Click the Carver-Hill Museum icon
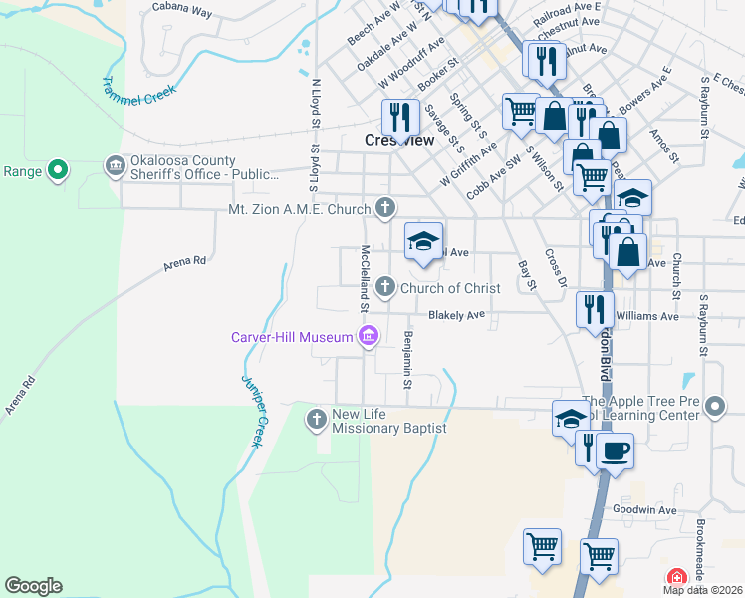click(x=369, y=337)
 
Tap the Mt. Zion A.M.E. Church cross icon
click(x=385, y=209)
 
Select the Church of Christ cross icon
click(x=385, y=288)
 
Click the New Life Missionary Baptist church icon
click(x=317, y=418)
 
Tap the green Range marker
click(x=58, y=171)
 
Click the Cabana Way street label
click(x=182, y=11)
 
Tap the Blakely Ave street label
click(x=456, y=315)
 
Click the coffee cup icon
click(x=615, y=449)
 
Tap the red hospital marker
click(x=676, y=578)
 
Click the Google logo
click(x=33, y=586)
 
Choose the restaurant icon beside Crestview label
click(x=398, y=117)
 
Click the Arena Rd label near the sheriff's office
click(x=185, y=262)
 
